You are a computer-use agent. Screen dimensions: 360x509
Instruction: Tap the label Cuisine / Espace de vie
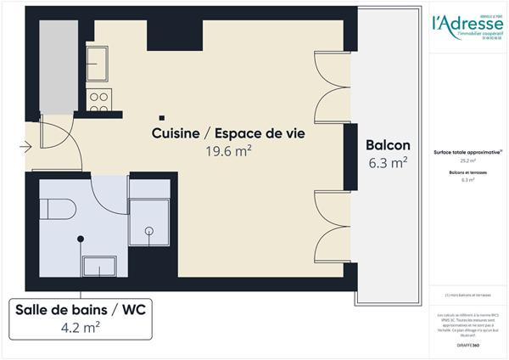[x=228, y=133]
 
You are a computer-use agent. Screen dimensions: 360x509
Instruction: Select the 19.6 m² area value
[x=228, y=151]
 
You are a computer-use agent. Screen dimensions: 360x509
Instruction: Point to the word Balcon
[x=388, y=144]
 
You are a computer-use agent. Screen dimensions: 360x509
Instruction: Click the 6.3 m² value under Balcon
[x=388, y=162]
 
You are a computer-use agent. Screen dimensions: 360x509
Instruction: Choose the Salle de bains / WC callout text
[x=80, y=311]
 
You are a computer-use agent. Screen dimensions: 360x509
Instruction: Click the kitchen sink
[x=98, y=64]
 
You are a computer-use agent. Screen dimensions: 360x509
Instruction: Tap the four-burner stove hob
[x=99, y=100]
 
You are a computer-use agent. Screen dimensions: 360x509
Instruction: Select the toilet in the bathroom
[x=59, y=208]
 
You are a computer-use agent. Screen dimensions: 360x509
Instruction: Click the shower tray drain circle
[x=149, y=230]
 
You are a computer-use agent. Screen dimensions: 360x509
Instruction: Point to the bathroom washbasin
[x=98, y=267]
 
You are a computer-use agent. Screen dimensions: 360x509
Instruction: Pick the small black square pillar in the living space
[x=161, y=117]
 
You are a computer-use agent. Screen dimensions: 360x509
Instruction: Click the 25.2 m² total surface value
[x=467, y=160]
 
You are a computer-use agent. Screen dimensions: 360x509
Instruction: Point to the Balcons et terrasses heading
[x=467, y=172]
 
